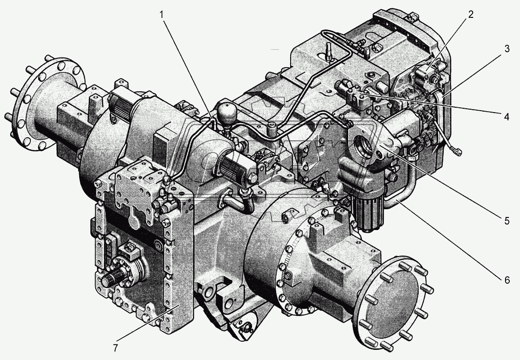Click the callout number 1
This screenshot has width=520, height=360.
[x=162, y=15]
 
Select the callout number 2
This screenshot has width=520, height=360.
[x=471, y=14]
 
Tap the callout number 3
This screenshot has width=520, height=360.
[x=507, y=49]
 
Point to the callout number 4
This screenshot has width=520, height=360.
[x=506, y=117]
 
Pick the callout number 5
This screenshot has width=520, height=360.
[x=507, y=221]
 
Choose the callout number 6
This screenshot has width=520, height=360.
[x=507, y=280]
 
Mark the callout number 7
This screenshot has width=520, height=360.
[x=115, y=348]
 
